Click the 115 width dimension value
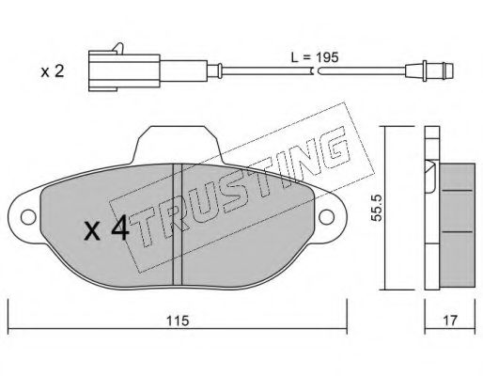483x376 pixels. (178, 321)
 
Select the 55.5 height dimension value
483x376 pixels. (377, 208)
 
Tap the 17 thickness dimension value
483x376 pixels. (450, 321)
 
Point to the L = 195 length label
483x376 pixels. (315, 57)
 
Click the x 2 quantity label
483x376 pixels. (53, 71)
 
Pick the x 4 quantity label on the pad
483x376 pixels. (106, 227)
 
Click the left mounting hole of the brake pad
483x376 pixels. (28, 217)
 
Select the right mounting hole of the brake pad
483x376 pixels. (326, 217)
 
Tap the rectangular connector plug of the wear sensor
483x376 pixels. (124, 70)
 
